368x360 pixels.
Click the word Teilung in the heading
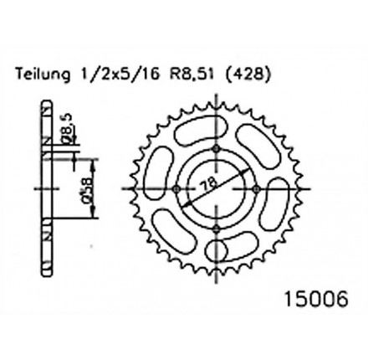click(x=43, y=75)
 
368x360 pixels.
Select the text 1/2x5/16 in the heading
click(x=119, y=75)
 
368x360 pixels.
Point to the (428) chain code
click(x=248, y=75)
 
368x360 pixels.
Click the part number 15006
click(x=316, y=300)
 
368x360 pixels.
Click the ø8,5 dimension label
click(x=69, y=129)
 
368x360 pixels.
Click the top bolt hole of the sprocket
click(x=217, y=148)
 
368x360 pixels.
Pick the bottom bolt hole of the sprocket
click(x=217, y=229)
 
